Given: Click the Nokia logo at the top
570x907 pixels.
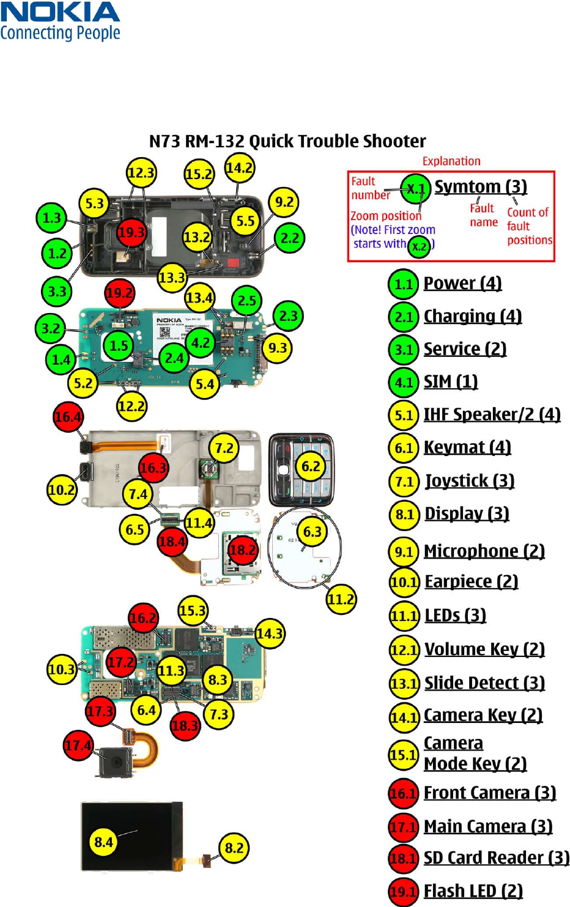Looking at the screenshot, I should point(60,21).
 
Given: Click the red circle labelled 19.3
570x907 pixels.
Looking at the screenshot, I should point(131,232).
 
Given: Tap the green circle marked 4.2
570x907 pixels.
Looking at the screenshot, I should point(201,343).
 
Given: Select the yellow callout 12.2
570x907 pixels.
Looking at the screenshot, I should point(131,406).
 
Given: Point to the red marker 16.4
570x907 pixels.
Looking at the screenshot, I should point(68,417).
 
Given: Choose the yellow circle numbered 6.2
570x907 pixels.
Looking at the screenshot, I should point(311,466).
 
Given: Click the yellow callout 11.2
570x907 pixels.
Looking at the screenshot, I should point(341,599).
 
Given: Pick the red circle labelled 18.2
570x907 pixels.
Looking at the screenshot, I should point(242,549).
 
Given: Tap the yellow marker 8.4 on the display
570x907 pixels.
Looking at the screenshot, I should point(103,842).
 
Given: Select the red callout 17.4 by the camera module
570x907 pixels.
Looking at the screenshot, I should point(78,746).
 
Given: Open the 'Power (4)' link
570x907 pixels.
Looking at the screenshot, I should point(462,284).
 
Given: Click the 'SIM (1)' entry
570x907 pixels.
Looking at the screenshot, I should point(450,382).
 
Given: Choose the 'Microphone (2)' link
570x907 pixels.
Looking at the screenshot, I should point(484,551).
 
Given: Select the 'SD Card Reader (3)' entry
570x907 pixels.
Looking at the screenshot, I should point(496,858).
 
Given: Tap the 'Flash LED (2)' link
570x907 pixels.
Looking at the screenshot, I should point(473,891).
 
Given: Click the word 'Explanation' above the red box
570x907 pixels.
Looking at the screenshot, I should point(451,161).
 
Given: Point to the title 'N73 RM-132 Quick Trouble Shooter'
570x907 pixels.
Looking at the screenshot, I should point(287,141).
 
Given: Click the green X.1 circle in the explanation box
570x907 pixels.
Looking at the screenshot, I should point(416,188).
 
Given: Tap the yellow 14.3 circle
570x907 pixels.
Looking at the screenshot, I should point(270,633).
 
